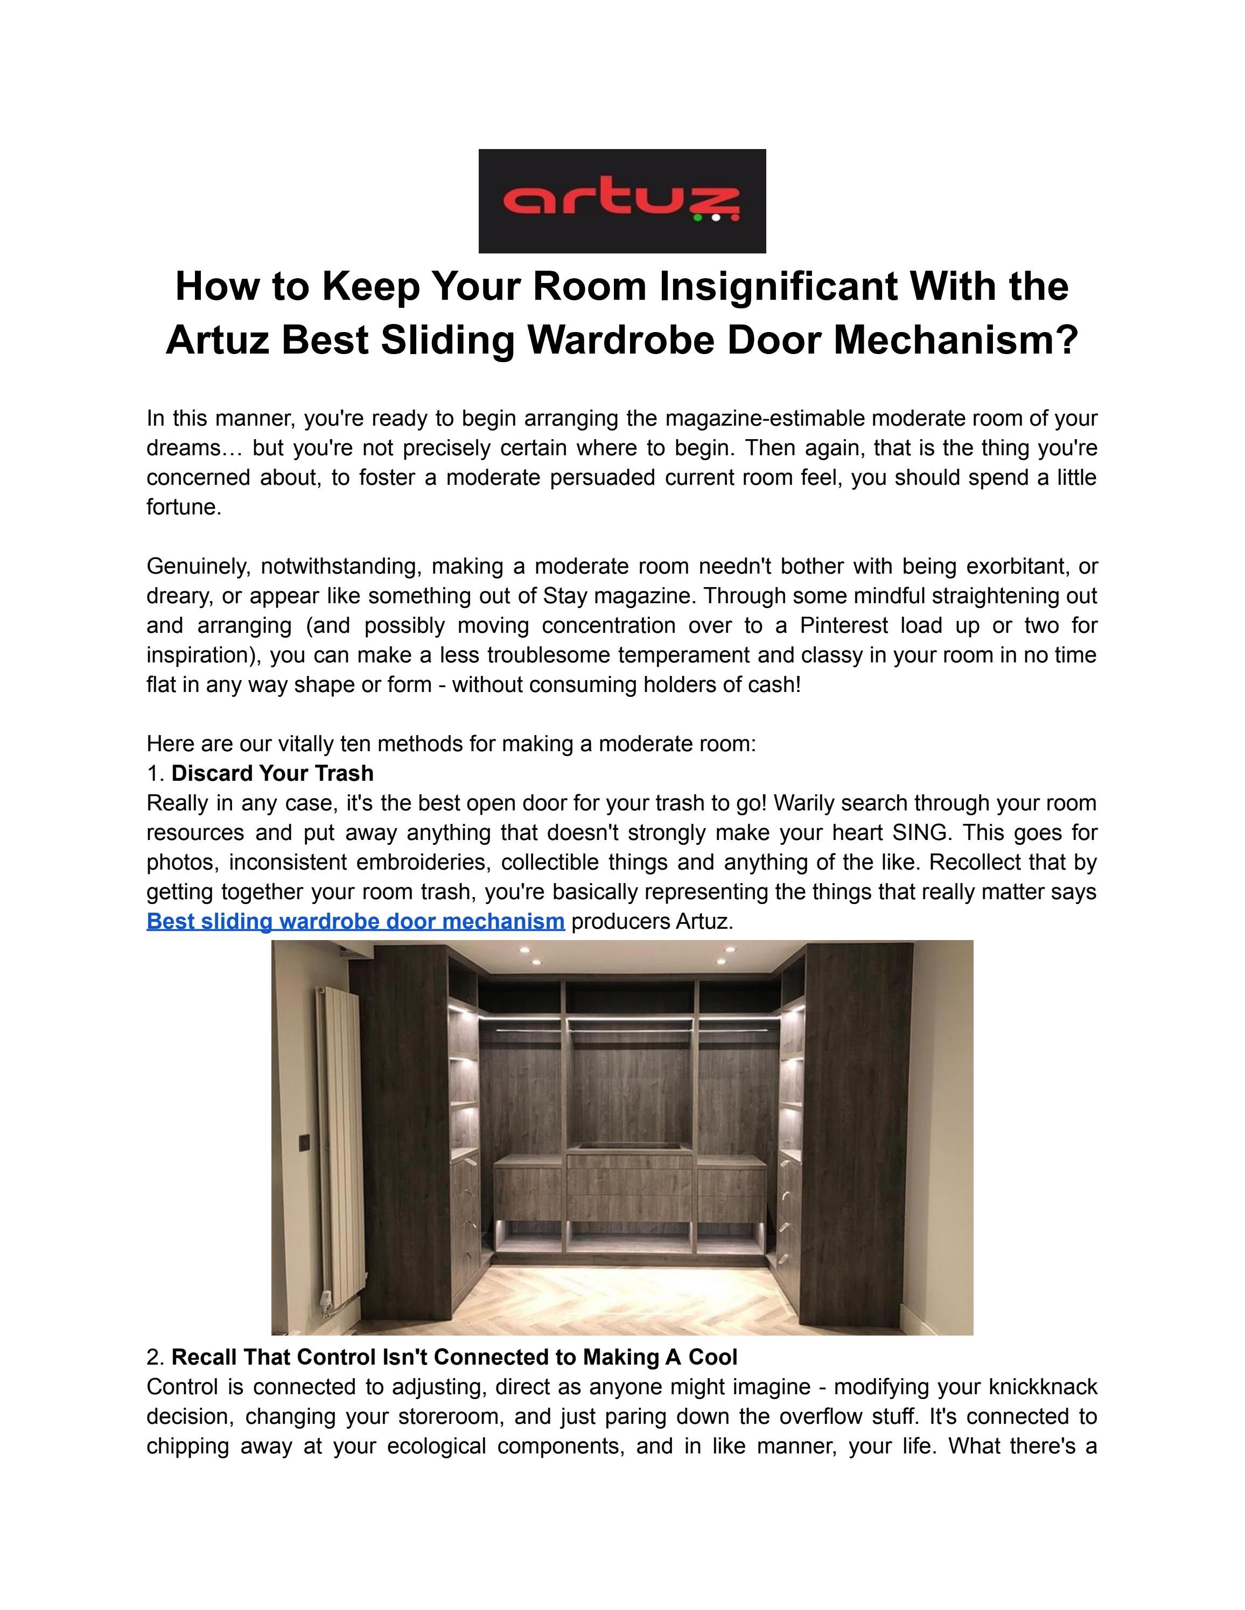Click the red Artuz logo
622,201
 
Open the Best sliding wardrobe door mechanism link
355,921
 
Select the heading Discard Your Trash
272,773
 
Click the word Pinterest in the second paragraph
844,626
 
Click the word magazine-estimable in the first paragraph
765,419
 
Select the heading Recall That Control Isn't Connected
453,1357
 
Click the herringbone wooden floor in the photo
620,1297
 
